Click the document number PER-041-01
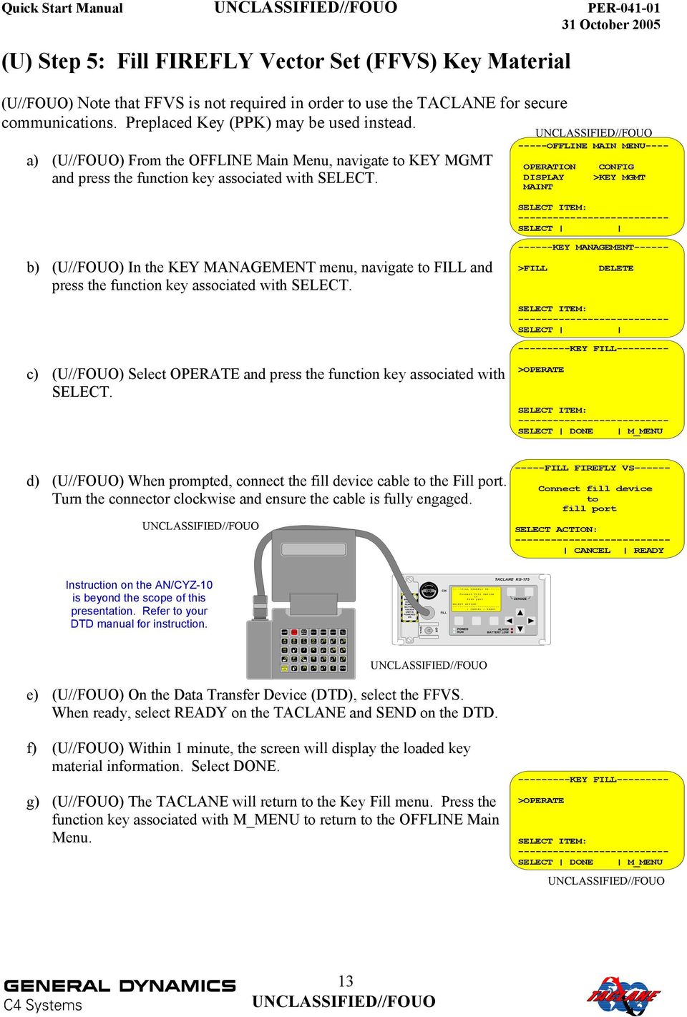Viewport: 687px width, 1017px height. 623,8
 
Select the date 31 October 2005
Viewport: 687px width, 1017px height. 610,25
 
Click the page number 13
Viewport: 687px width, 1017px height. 346,981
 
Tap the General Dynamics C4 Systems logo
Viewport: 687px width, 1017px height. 120,993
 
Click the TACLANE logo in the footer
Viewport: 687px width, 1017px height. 623,995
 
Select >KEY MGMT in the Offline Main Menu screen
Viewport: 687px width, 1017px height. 619,177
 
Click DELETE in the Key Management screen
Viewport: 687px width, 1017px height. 615,268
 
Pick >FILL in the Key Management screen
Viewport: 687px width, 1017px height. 532,268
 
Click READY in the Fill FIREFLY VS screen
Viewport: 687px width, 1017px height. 648,551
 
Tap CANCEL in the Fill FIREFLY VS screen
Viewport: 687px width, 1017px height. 592,551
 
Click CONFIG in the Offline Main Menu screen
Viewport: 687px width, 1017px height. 615,167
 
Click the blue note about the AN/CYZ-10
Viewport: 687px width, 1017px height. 139,604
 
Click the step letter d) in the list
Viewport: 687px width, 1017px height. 32,481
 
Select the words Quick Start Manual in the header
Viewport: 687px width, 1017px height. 62,9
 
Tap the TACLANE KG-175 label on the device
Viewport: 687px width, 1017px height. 512,579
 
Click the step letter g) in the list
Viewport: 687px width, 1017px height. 32,802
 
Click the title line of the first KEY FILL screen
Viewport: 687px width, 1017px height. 593,349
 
